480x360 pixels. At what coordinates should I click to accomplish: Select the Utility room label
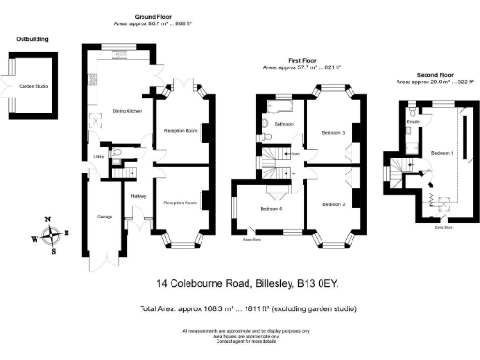tap(97, 157)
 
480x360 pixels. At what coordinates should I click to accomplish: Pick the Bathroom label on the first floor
tap(285, 124)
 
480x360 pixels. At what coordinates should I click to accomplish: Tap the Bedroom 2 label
tap(335, 203)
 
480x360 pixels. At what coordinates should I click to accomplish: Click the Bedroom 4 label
tap(271, 208)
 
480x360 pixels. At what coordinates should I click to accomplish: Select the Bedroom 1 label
tap(442, 152)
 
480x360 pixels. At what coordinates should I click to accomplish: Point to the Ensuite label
tap(412, 122)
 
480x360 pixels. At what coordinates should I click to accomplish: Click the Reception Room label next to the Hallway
tap(180, 202)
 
